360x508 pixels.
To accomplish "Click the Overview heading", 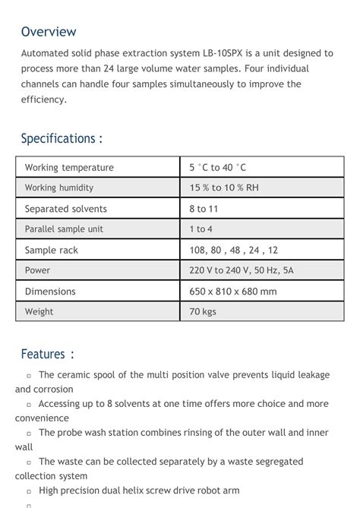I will point(49,32).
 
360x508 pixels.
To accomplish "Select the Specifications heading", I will point(61,138).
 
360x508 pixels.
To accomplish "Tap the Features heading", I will point(47,354).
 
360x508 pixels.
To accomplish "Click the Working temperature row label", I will point(69,168).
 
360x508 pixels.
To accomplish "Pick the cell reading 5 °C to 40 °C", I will point(218,168).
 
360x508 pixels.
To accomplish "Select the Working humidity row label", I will point(59,188).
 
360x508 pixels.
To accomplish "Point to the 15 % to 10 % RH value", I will point(224,188).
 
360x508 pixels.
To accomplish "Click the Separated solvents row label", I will point(66,209).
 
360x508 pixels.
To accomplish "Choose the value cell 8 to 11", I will point(204,209).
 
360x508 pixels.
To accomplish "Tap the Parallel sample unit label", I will point(64,229).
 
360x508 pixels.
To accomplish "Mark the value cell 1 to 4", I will point(201,229).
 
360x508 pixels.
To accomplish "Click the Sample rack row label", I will point(52,250).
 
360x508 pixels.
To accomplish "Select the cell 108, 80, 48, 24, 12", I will point(234,250).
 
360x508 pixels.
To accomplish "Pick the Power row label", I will point(37,270).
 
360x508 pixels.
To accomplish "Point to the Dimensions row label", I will point(50,292).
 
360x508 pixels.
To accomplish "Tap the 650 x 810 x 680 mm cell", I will point(233,292).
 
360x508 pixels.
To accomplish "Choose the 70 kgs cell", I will point(203,311).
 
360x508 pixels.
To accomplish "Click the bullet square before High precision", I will point(29,492).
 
